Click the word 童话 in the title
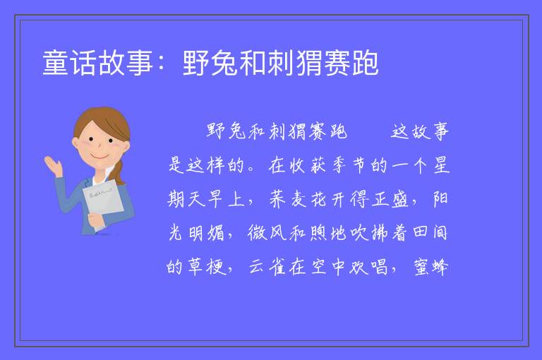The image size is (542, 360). pos(69,63)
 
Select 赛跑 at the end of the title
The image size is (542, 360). pos(351,63)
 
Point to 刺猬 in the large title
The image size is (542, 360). pos(295,63)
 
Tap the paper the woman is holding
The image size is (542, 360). pos(102,203)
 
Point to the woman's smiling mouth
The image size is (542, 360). pos(100,156)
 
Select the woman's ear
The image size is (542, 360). pos(75,143)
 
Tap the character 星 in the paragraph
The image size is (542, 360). pos(441,165)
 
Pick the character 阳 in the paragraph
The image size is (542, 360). pos(440,198)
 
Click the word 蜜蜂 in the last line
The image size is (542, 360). pos(431,267)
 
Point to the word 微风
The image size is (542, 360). pos(266,233)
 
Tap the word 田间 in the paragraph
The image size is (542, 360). pos(430,232)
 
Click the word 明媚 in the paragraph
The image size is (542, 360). pos(206,233)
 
